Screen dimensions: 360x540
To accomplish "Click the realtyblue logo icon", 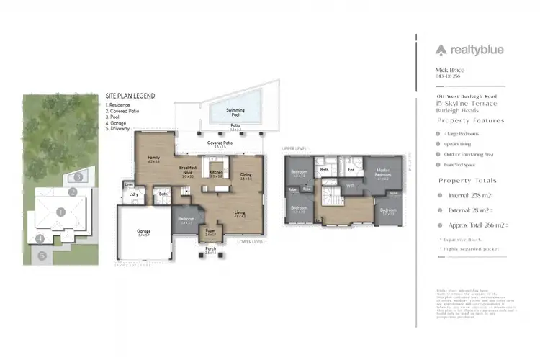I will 441,50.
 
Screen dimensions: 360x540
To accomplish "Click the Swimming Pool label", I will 235,112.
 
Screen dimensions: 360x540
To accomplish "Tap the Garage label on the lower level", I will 144,233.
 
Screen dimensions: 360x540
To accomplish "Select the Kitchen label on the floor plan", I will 216,174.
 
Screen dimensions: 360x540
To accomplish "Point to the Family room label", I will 153,158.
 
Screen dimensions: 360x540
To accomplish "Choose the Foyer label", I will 210,232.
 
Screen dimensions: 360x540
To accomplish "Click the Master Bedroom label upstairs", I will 382,174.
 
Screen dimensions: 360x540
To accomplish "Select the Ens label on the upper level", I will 351,170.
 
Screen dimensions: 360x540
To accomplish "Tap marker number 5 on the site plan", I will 42,255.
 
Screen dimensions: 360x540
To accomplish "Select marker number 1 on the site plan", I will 61,212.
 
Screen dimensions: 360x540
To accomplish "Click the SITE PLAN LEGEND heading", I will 130,96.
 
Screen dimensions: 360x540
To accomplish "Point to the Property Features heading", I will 471,120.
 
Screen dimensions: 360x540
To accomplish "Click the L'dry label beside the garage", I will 133,195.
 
